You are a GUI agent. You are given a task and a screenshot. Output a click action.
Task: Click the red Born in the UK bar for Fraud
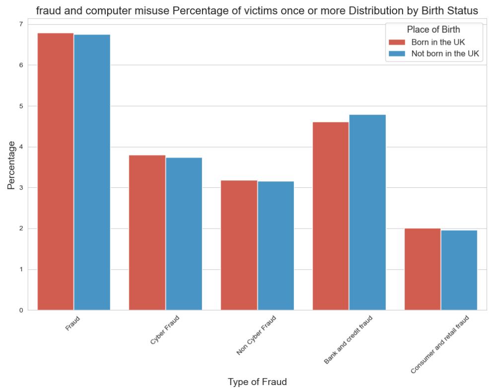coord(55,171)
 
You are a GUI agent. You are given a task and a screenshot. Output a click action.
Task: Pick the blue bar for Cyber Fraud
coord(184,233)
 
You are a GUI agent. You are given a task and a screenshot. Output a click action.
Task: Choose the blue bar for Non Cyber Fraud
coord(276,245)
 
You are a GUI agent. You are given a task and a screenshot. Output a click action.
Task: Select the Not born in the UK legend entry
coord(445,54)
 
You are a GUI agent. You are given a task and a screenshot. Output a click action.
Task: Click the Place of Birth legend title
coord(433,29)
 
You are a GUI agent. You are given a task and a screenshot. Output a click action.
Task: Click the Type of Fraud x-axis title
coord(257,382)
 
